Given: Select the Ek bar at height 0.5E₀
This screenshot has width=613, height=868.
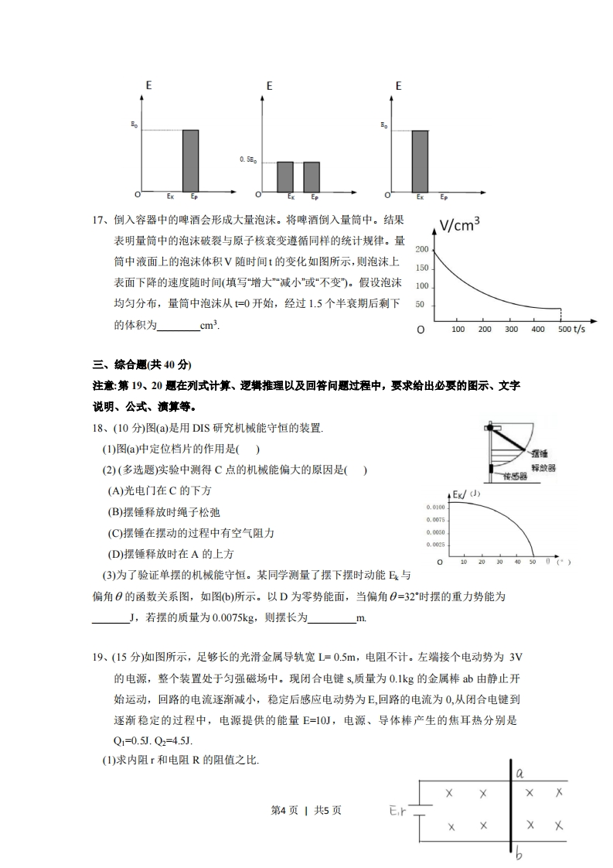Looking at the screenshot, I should pos(285,176).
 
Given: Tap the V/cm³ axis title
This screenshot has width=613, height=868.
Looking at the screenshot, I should pos(460,225).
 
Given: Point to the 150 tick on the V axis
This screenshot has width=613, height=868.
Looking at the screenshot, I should pos(421,268).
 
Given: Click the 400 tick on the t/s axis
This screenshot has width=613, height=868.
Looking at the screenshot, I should pos(537,330).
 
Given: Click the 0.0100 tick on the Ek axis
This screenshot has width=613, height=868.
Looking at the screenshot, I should pos(434,507).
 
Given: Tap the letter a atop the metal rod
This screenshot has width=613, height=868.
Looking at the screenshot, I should pos(520,773).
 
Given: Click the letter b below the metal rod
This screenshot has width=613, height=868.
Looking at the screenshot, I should pos(519,855).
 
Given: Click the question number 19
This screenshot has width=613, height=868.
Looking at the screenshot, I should pos(98,658).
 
